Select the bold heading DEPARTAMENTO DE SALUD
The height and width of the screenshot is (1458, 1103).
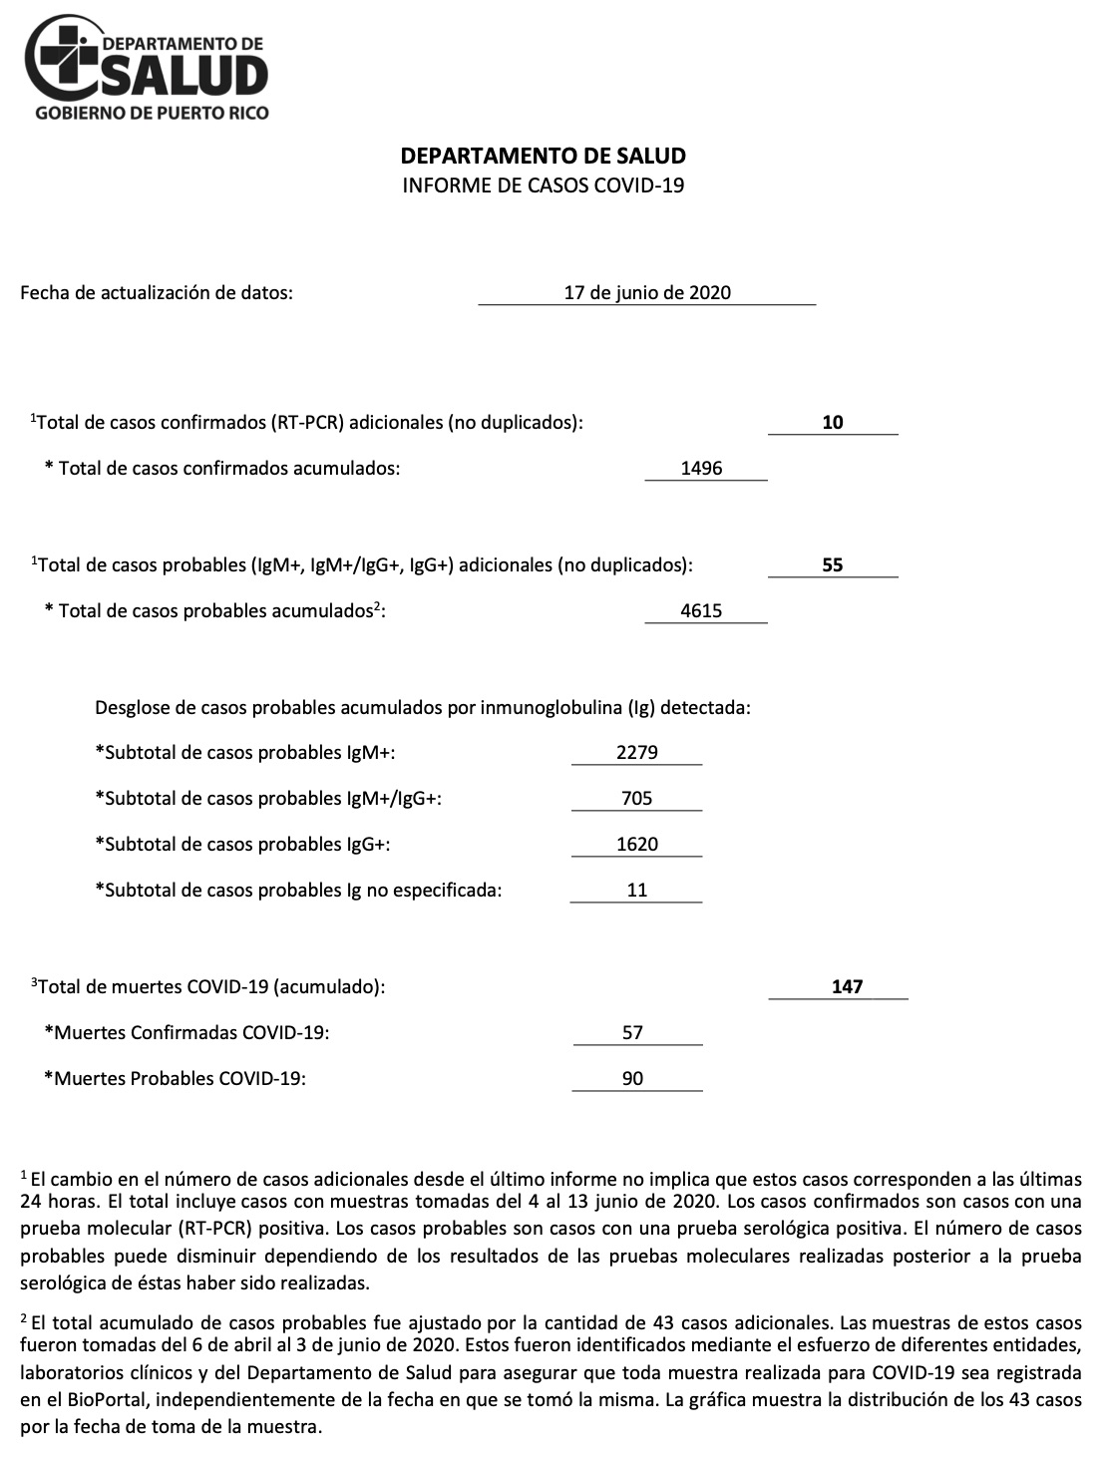tap(543, 156)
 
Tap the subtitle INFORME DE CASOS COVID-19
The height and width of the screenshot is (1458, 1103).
tap(543, 185)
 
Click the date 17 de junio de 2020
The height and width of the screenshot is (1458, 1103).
tap(647, 292)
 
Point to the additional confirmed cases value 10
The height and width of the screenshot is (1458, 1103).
tap(833, 422)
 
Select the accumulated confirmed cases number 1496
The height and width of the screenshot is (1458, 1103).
tap(701, 468)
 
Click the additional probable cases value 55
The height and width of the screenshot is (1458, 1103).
tap(833, 564)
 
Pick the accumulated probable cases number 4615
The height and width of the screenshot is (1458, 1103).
tap(701, 610)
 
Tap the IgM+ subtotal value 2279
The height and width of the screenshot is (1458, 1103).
tap(637, 752)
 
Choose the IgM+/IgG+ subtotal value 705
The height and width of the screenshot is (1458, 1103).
tap(636, 798)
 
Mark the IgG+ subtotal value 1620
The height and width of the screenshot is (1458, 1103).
tap(637, 844)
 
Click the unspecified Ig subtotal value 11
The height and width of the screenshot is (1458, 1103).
tap(637, 890)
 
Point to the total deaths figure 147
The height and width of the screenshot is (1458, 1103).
tap(847, 986)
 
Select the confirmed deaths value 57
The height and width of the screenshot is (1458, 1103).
tap(632, 1032)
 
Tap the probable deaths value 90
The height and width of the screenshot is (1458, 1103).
tap(632, 1078)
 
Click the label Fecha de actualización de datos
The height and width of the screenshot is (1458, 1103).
tap(157, 293)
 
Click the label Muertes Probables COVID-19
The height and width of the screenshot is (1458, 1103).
tap(175, 1078)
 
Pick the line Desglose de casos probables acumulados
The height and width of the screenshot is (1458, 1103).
tap(422, 708)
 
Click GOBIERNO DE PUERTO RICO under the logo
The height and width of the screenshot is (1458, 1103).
tap(152, 114)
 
